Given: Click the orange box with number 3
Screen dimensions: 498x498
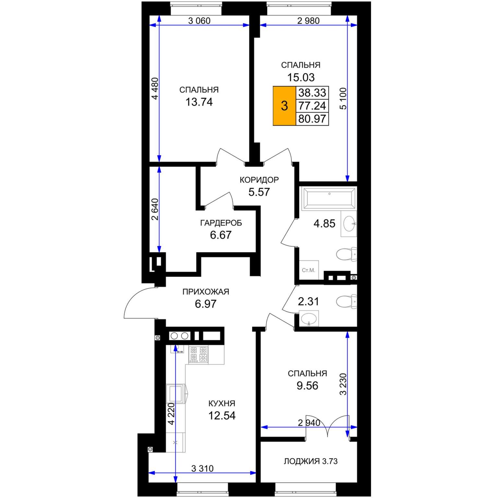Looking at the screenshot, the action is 285,106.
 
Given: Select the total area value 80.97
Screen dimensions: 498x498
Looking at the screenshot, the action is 312,119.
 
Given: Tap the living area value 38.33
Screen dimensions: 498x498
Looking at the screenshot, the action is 312,93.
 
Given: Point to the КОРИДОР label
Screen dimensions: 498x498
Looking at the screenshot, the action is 259,180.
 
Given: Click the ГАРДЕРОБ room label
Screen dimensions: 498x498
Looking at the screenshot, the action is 221,223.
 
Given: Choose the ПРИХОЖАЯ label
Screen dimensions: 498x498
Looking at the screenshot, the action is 206,292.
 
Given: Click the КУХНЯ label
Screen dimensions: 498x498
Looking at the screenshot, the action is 222,403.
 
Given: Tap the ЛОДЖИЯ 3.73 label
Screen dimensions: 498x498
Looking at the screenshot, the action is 311,461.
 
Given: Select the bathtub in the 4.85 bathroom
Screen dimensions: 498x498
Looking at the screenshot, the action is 329,198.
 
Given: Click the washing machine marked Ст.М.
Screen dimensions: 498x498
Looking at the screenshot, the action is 309,270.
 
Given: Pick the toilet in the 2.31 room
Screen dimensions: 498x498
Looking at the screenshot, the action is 346,302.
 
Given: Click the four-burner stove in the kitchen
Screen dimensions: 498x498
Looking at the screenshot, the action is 198,354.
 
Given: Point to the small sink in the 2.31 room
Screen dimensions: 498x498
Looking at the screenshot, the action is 309,318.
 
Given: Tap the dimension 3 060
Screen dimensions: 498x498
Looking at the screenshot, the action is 199,21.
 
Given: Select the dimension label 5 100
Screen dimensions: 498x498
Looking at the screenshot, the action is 343,99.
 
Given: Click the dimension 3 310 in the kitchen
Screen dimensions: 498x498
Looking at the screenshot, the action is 202,468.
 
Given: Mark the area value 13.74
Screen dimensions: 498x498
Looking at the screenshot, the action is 199,102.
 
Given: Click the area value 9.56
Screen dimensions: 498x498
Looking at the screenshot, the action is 307,386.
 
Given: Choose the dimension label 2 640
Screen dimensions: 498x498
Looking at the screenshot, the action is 155,209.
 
